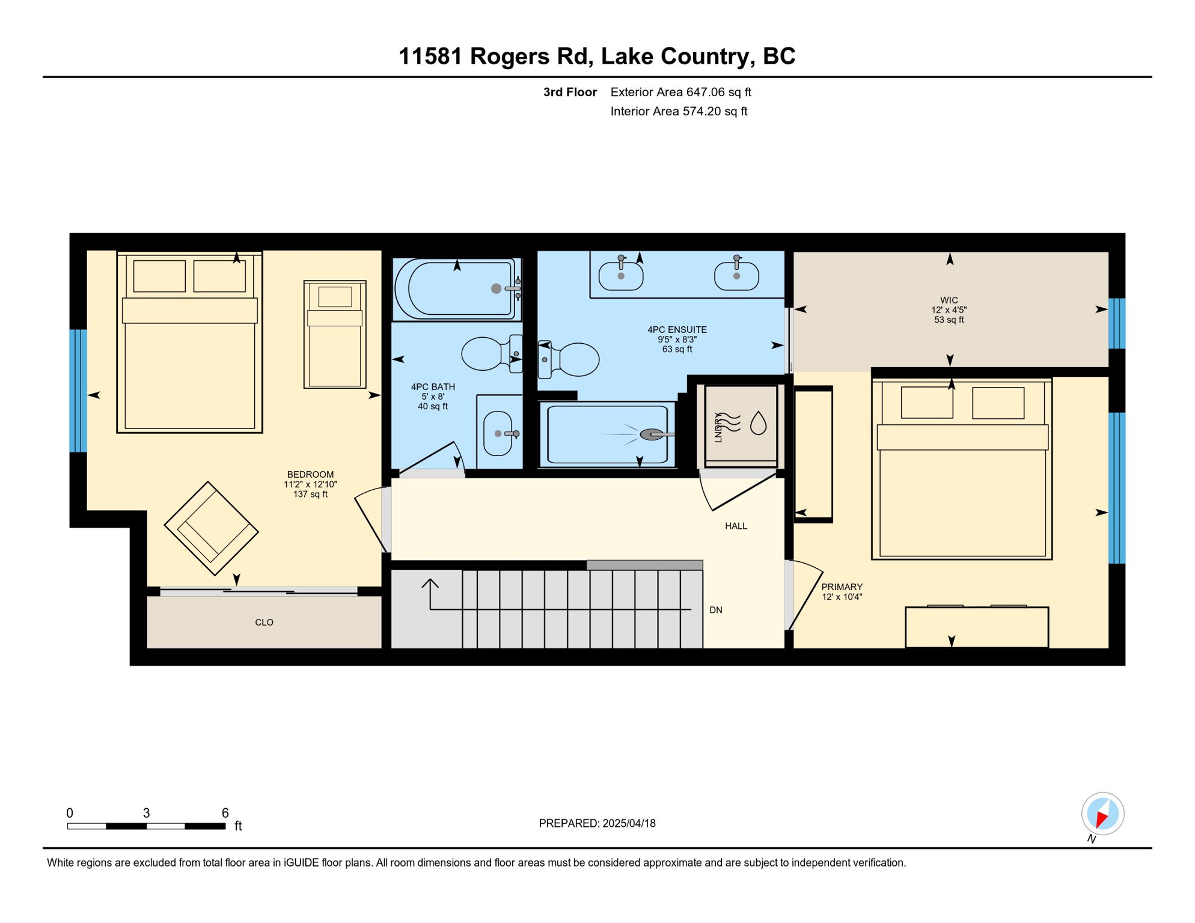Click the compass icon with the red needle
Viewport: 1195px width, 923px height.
coord(1102,814)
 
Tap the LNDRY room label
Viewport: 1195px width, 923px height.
coord(718,427)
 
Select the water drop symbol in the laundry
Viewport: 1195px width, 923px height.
coord(759,422)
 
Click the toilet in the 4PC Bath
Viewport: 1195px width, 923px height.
coord(492,353)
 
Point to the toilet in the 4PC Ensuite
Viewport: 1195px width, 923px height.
coord(568,359)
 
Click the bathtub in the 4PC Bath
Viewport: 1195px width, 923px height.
coord(457,288)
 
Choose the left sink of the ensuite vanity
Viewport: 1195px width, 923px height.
coord(621,274)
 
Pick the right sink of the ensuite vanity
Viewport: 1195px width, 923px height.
coord(736,274)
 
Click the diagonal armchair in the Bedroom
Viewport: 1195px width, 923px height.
coord(211,529)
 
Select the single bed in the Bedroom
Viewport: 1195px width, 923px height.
coord(335,334)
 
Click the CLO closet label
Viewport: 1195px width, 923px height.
coord(264,623)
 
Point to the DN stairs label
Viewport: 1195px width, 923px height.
coord(716,610)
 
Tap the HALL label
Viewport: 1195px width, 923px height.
coord(736,526)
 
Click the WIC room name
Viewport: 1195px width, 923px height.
coord(949,300)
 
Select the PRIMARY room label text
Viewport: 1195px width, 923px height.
coord(842,587)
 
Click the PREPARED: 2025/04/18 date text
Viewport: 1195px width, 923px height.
coord(597,823)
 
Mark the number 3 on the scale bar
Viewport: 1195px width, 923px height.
coord(146,813)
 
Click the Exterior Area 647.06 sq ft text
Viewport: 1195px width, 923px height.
coord(681,92)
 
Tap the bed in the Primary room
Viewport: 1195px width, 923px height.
coord(962,469)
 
